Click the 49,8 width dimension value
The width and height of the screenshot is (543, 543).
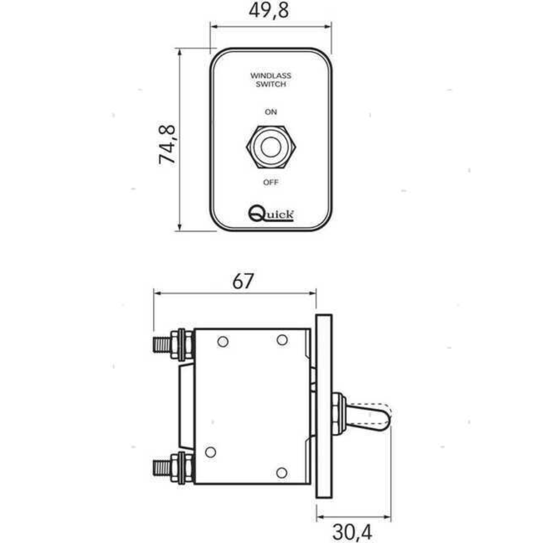(269, 10)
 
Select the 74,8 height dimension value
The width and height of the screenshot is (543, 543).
(167, 144)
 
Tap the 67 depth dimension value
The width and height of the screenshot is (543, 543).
(243, 282)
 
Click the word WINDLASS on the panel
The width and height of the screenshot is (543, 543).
(271, 76)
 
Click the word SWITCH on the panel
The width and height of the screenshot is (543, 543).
(271, 84)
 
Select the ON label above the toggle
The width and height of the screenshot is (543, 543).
(271, 112)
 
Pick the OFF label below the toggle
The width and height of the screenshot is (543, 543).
(271, 182)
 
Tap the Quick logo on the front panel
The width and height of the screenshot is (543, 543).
(271, 214)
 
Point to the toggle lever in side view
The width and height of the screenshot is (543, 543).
(370, 417)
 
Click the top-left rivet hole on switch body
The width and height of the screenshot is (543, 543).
(223, 342)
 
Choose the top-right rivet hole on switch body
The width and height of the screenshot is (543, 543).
(282, 340)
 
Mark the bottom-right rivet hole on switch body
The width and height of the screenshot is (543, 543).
(282, 473)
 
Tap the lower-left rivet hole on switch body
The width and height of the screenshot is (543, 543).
(211, 452)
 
